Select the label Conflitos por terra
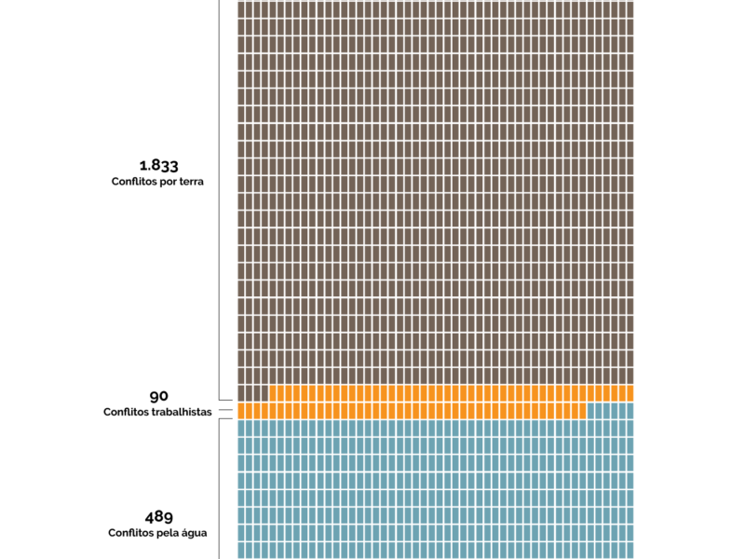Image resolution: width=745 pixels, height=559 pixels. click(157, 182)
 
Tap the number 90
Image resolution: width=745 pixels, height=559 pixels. click(158, 396)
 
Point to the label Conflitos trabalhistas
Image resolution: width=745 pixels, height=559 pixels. click(158, 411)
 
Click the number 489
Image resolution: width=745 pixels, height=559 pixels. click(158, 516)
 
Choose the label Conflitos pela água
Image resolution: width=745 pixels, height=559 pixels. click(157, 533)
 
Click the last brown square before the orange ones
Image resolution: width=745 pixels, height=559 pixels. click(264, 393)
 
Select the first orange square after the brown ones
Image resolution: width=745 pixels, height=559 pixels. click(273, 393)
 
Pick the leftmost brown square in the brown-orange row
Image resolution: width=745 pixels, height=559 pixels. click(241, 393)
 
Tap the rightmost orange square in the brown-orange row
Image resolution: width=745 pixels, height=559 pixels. click(630, 393)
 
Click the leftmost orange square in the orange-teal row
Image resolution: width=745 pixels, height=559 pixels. click(241, 410)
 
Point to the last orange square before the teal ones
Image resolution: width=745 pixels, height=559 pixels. click(582, 410)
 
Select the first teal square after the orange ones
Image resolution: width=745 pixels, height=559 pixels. click(590, 410)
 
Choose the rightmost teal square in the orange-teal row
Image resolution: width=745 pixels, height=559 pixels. click(630, 410)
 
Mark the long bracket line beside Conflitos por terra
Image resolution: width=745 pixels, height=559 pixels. click(219, 186)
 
